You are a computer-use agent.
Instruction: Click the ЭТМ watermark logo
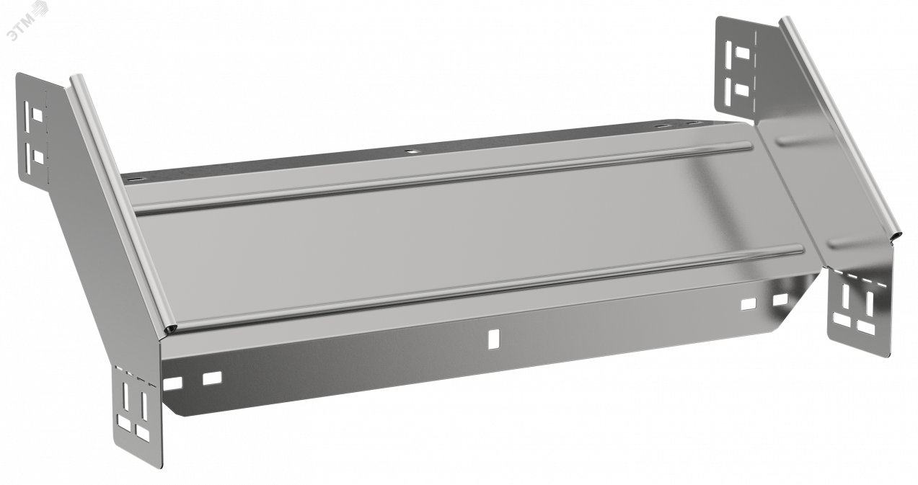28,19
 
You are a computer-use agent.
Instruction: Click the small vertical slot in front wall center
493,339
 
